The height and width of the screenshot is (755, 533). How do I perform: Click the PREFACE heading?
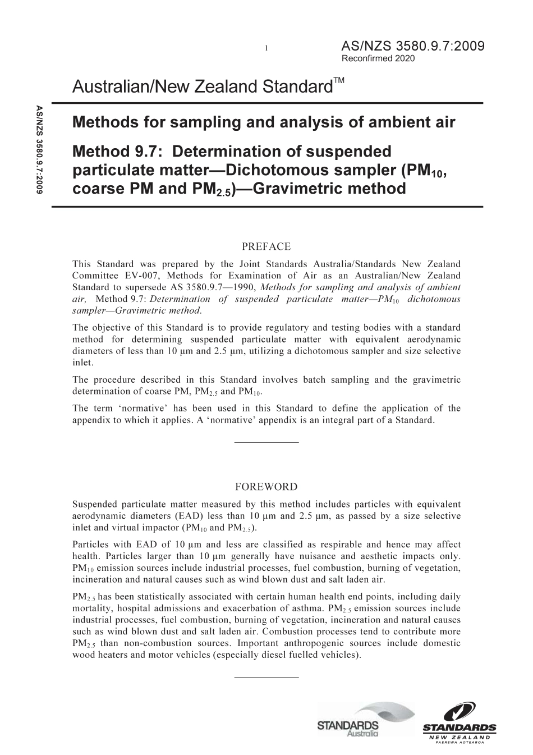[x=266, y=246]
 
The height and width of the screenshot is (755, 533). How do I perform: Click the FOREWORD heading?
[x=266, y=487]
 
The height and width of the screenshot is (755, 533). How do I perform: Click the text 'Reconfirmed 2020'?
[x=378, y=58]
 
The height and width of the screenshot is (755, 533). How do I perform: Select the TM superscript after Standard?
[x=338, y=81]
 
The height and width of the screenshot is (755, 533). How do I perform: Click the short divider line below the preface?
[x=266, y=443]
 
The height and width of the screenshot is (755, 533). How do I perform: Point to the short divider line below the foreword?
[x=266, y=676]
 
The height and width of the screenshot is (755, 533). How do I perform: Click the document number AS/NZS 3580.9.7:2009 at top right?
[x=412, y=47]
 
